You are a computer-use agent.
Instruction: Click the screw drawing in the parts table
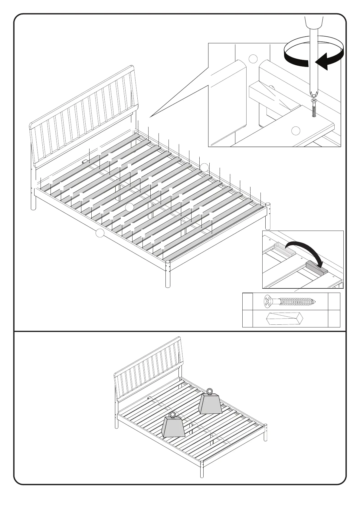290,301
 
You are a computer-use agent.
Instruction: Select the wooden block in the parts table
284,319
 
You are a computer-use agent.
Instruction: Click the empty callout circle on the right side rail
205,167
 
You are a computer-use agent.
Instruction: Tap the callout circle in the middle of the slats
129,207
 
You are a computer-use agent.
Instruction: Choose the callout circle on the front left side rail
100,233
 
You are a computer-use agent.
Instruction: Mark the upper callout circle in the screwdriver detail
253,59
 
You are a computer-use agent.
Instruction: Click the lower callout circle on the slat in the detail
296,131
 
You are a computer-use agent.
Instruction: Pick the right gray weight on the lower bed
210,403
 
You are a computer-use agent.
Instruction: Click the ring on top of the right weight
210,391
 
